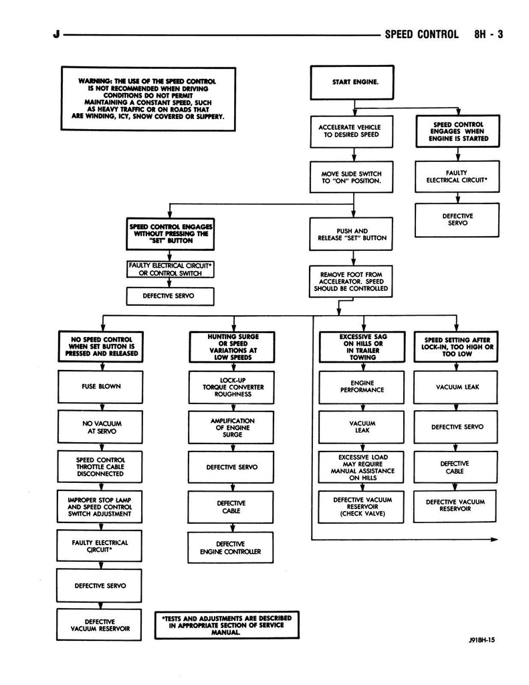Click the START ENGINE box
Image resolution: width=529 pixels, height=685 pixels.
point(355,83)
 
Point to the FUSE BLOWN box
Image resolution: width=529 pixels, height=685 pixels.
point(100,386)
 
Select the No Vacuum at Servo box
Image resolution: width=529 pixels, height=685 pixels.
point(100,427)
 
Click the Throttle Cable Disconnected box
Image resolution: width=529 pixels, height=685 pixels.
point(100,466)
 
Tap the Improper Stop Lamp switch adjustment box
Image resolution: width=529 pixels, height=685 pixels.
point(100,507)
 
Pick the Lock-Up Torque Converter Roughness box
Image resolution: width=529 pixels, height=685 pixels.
point(224,386)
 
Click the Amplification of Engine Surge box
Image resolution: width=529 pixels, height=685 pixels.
point(224,426)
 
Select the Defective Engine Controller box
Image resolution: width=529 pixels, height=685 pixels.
point(224,548)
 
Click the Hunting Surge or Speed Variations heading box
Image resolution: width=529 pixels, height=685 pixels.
point(224,347)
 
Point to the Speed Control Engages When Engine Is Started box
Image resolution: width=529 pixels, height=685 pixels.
point(457,132)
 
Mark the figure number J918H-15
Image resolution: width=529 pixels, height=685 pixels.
point(482,640)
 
